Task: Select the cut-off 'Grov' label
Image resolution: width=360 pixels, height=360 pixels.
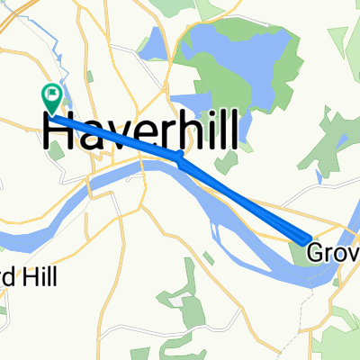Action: click(333, 255)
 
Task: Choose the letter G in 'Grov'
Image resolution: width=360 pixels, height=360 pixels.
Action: click(317, 255)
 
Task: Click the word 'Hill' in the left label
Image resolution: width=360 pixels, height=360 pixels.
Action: click(40, 277)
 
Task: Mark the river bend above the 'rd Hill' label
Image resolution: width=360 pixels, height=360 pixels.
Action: click(36, 236)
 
